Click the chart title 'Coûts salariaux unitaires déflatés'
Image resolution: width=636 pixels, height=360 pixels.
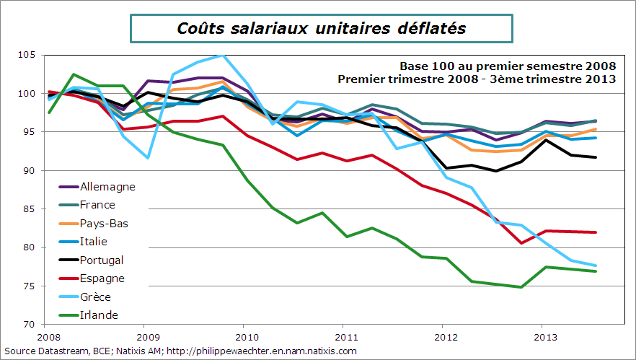(321, 28)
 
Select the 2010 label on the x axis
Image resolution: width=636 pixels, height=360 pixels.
(246, 336)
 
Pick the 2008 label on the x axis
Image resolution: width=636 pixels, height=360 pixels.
(48, 336)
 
